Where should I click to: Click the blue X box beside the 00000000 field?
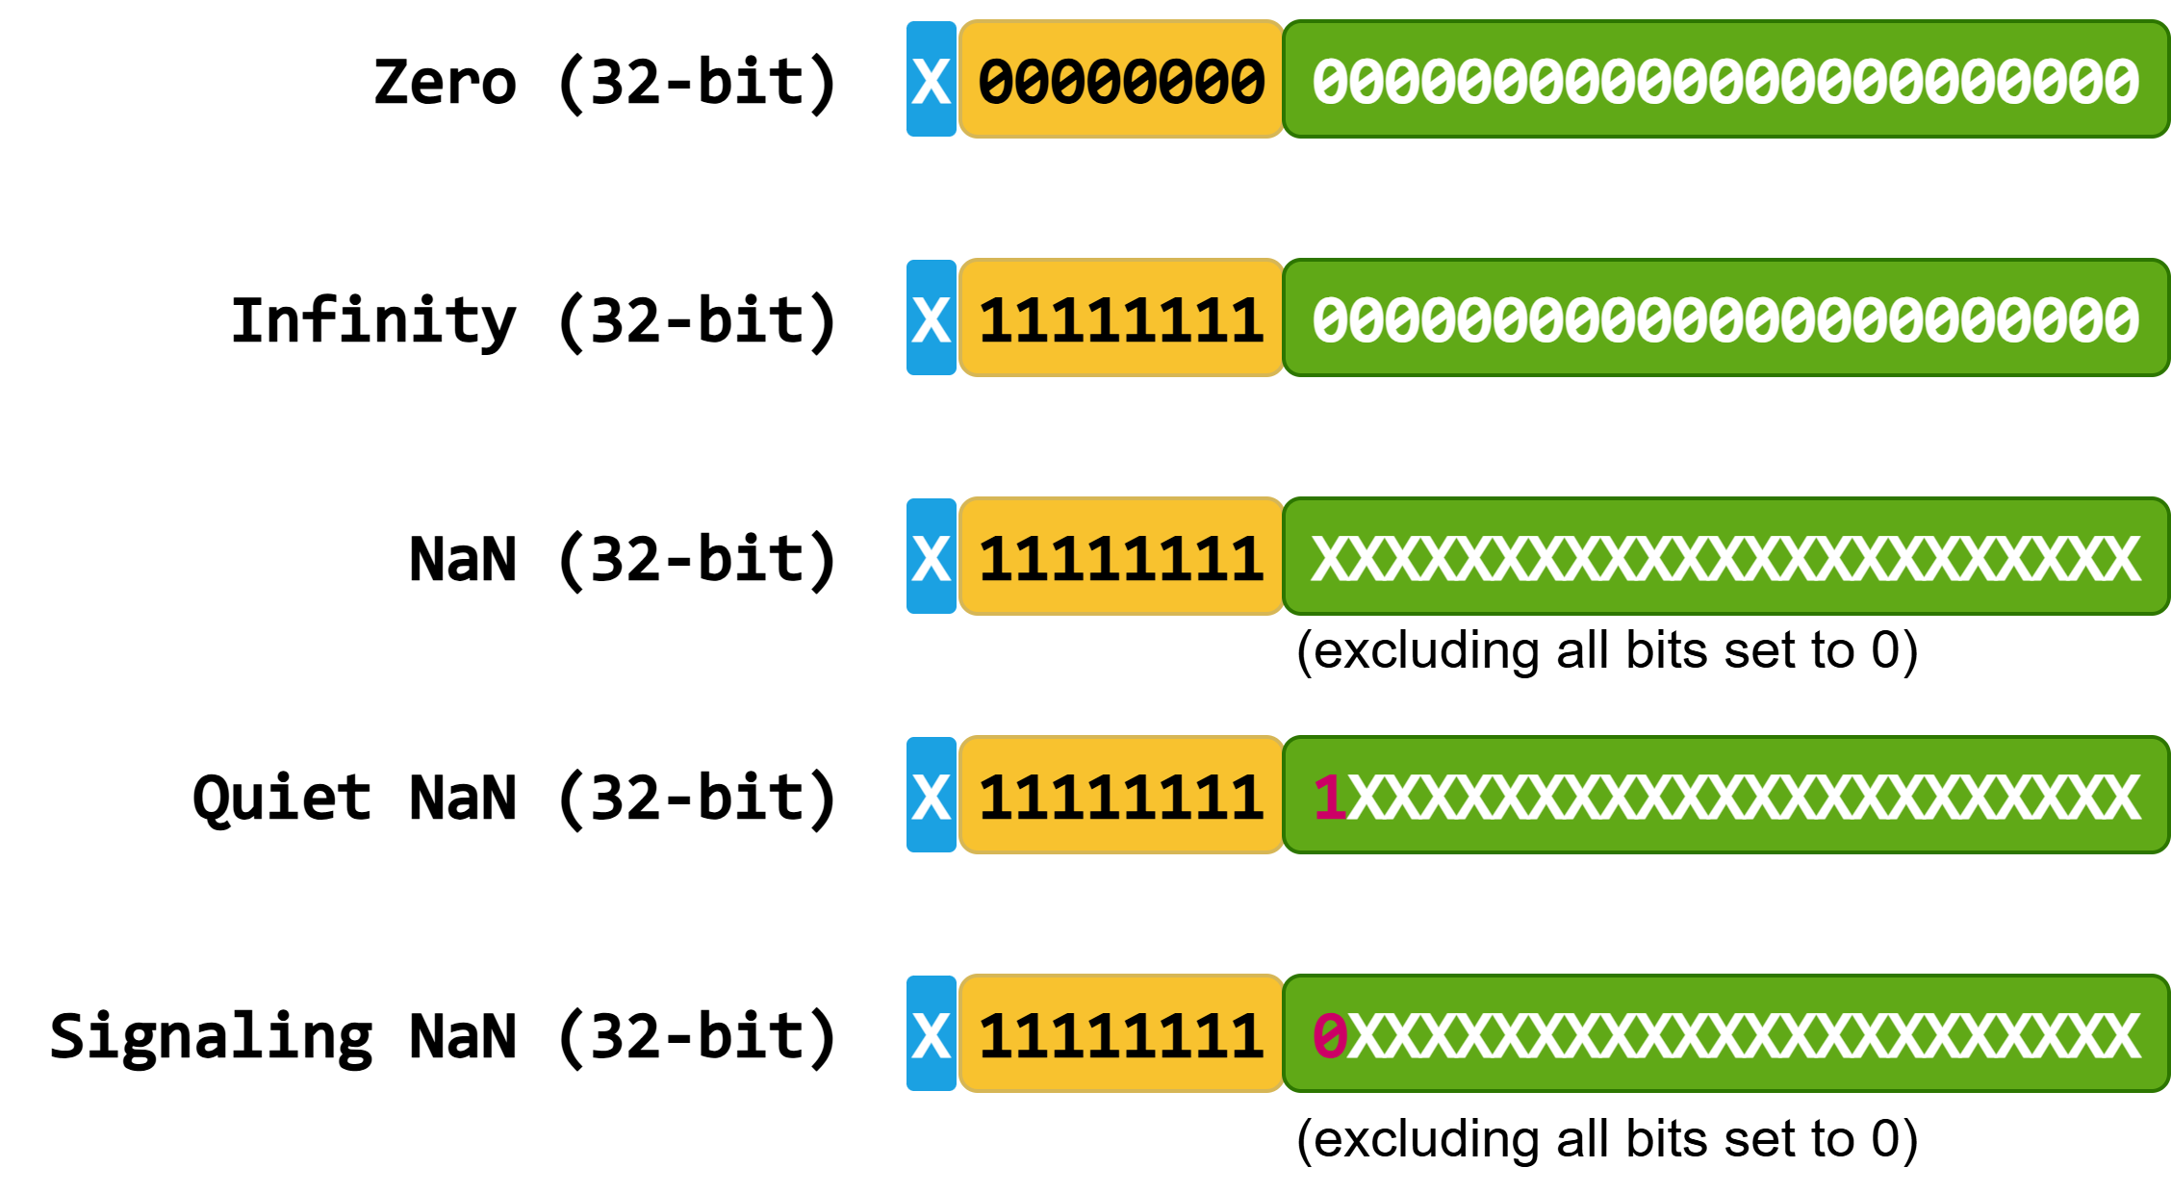(931, 79)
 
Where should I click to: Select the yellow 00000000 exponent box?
(1121, 79)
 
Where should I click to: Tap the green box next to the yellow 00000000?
(1725, 79)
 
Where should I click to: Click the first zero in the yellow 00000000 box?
(996, 81)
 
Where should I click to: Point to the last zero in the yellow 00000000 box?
(1247, 81)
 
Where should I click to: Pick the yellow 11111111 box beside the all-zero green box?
(1121, 317)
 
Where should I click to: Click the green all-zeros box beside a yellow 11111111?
(1725, 317)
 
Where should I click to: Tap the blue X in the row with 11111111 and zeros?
(931, 317)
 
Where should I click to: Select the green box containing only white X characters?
(1725, 556)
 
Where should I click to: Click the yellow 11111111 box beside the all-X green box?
(1121, 556)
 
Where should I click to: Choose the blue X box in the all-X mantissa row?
(931, 556)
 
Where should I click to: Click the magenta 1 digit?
(1330, 798)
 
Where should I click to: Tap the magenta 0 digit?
(1330, 1036)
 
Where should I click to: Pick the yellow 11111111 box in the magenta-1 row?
(1121, 795)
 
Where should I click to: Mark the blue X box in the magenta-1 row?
(931, 795)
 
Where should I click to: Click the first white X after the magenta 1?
(1366, 798)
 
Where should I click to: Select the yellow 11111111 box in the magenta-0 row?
(1121, 1033)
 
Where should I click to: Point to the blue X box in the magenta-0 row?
(931, 1033)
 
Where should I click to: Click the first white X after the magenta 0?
(1366, 1036)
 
